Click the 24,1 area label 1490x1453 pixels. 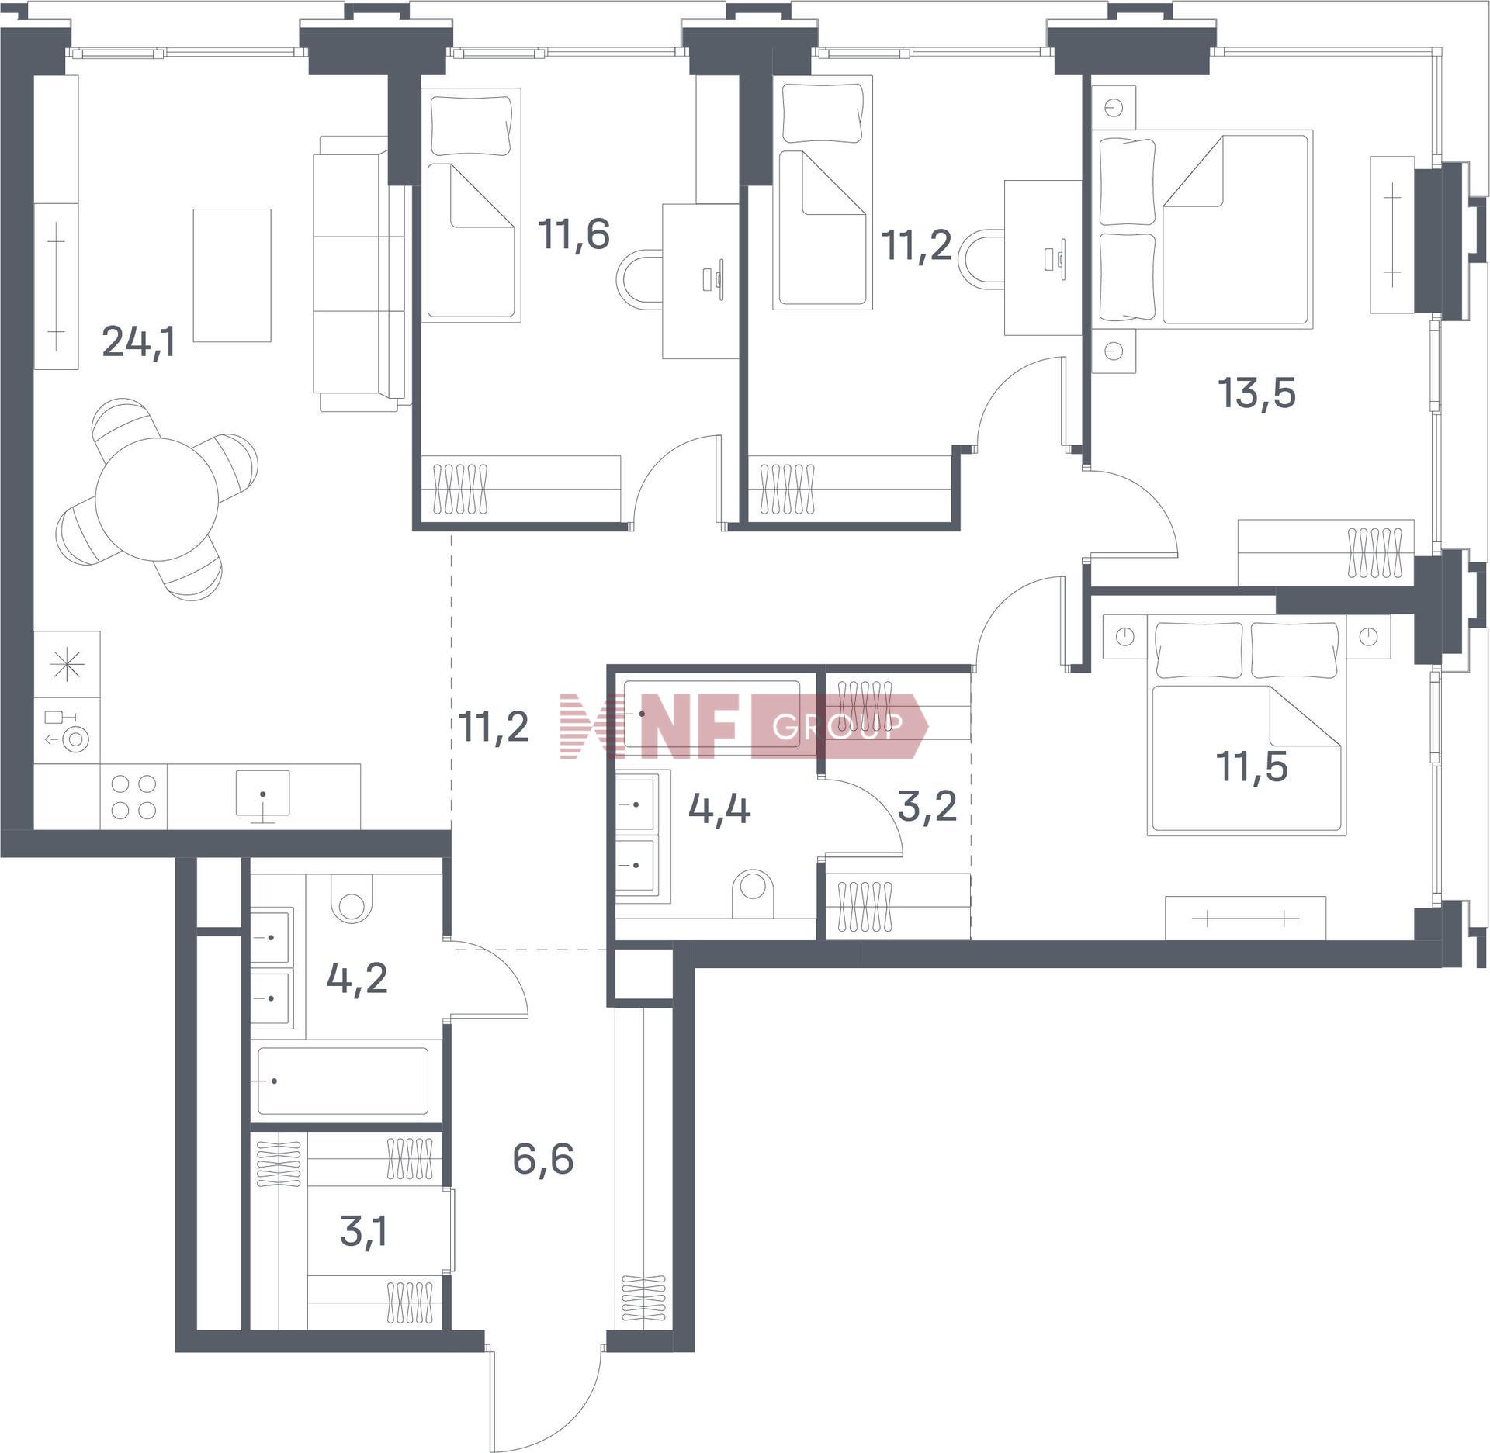click(139, 341)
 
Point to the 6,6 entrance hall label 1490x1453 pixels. click(543, 1159)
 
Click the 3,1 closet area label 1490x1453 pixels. click(363, 1231)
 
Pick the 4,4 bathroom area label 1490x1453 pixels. click(719, 809)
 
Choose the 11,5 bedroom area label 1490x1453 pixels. click(1252, 766)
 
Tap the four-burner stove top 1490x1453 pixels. click(133, 797)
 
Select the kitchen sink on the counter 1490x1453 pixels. click(263, 794)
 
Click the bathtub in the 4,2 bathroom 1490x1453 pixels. click(342, 1081)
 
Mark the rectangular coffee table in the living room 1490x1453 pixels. click(232, 275)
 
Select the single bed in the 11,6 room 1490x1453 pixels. click(470, 203)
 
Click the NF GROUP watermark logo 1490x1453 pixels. click(743, 725)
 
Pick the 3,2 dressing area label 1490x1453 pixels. click(927, 806)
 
